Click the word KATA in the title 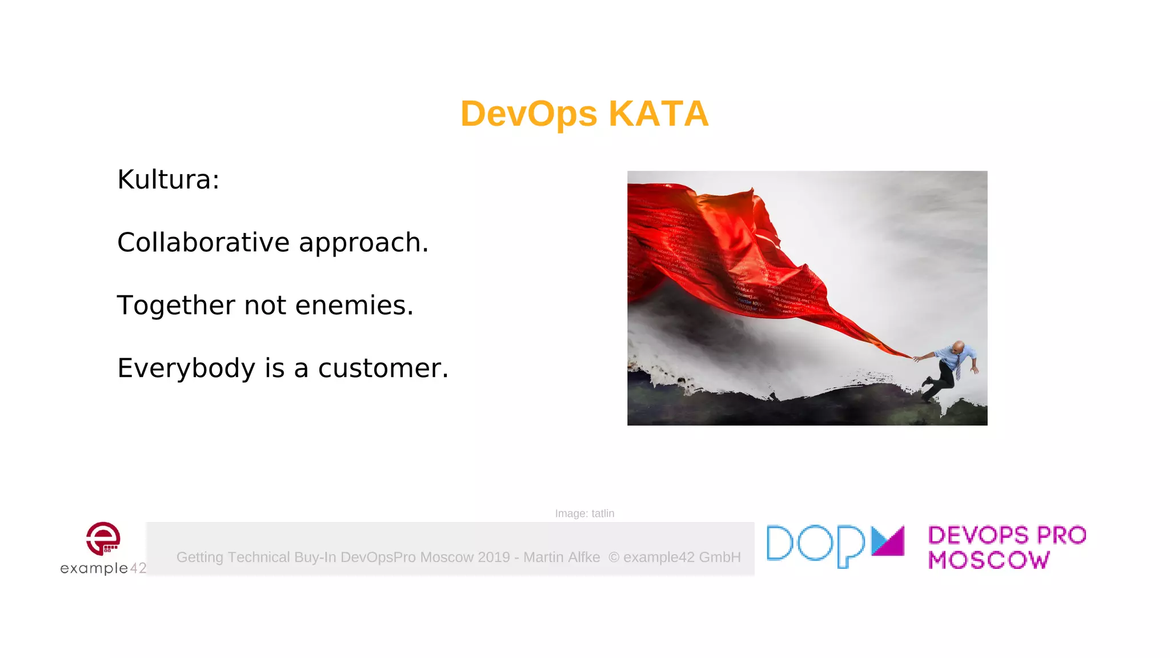658,114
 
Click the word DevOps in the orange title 528,114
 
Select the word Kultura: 168,180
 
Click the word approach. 363,243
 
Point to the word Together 175,306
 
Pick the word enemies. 354,306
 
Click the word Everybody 186,368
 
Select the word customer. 383,368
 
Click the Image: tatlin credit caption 584,513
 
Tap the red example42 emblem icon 103,538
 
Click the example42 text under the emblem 103,568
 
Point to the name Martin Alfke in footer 562,557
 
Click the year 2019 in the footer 494,557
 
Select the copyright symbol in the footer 614,557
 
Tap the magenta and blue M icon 888,541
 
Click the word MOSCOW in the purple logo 989,560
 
